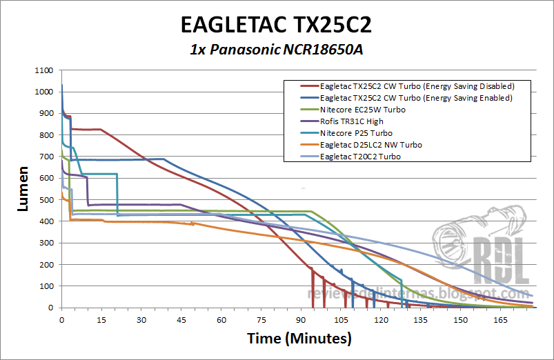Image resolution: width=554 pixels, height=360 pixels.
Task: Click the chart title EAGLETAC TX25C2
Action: (x=276, y=25)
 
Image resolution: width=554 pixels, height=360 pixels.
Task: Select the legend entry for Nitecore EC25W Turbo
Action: (x=363, y=110)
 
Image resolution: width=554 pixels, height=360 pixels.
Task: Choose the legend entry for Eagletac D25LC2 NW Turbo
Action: (x=371, y=145)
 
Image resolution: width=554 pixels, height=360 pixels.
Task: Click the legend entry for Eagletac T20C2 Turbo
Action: (x=361, y=157)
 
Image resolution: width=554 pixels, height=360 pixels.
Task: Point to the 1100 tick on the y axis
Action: (x=44, y=70)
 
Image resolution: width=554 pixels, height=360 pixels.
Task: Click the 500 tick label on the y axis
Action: (x=47, y=200)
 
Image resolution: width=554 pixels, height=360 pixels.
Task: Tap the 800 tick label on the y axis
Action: (x=47, y=135)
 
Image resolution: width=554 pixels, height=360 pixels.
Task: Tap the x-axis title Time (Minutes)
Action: (x=299, y=339)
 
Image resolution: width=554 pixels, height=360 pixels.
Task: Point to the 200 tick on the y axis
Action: (x=47, y=265)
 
